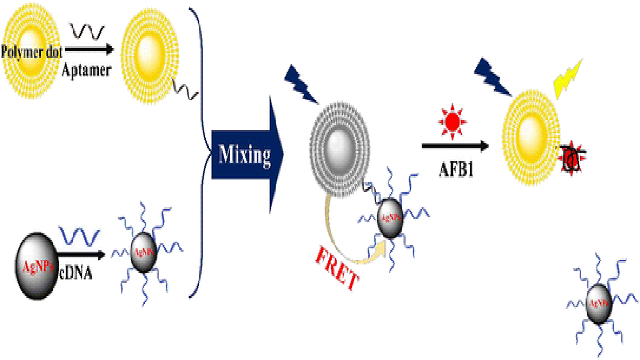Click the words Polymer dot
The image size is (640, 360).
32,52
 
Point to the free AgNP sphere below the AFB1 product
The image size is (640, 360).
599,303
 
